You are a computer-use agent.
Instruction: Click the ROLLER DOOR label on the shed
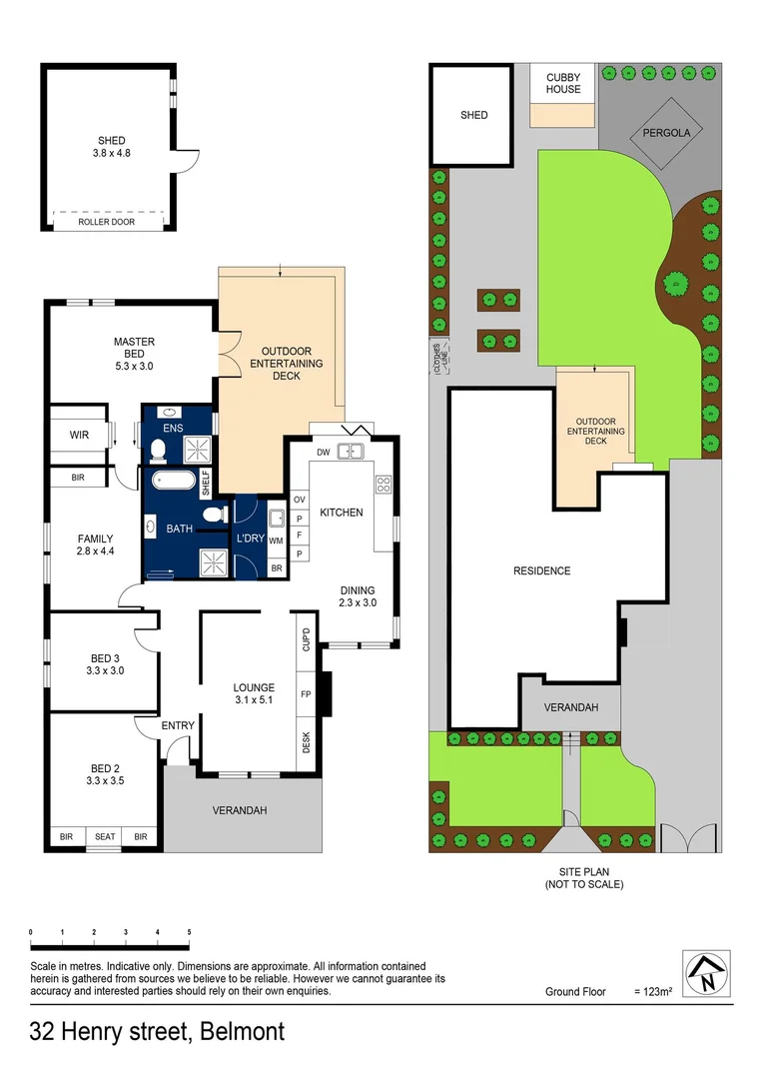[107, 222]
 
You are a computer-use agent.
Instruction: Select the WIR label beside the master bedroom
[80, 436]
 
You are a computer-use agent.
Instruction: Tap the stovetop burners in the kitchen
[383, 485]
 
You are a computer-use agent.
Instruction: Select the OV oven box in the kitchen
[299, 500]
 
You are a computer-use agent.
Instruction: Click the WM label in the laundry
[276, 540]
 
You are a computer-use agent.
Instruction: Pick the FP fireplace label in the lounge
[307, 691]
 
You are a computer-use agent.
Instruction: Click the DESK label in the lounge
[307, 742]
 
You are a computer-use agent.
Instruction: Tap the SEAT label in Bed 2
[104, 837]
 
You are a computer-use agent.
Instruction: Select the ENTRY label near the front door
[179, 725]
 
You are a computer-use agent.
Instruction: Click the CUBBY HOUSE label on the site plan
[563, 83]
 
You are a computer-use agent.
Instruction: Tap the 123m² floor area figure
[653, 992]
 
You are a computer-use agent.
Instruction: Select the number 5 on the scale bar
[189, 932]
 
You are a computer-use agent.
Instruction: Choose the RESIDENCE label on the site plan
[541, 571]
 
